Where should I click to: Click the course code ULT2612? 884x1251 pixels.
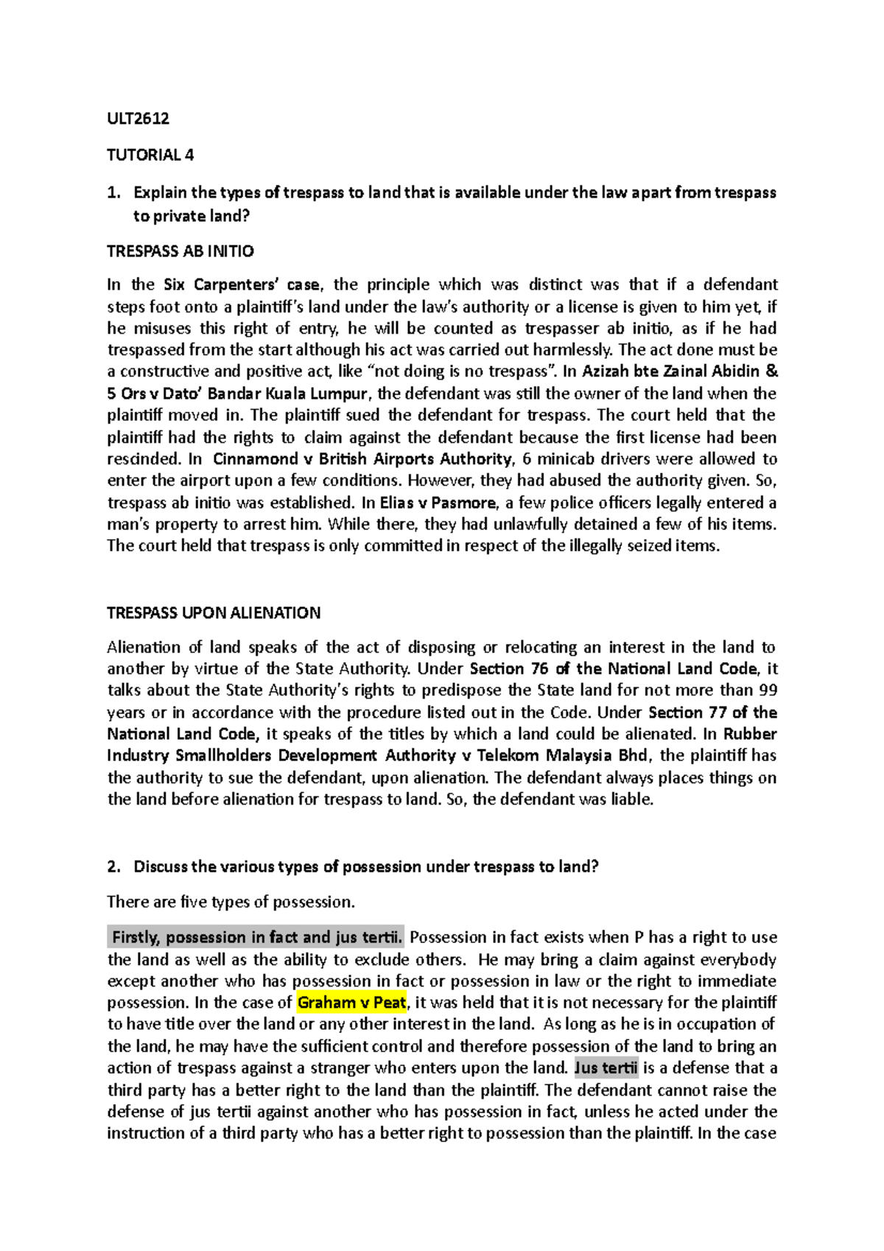tap(138, 118)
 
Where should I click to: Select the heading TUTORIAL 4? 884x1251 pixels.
tap(150, 155)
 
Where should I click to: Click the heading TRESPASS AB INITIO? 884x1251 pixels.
tap(180, 251)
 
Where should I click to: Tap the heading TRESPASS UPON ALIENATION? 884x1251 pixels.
tap(214, 613)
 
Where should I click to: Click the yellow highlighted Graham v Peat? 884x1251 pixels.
tap(351, 1003)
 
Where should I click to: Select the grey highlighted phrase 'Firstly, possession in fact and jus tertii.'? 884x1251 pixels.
tap(256, 938)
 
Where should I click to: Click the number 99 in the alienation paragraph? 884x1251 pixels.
tap(767, 690)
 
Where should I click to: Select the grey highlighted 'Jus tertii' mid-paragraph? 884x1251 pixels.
tap(605, 1068)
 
